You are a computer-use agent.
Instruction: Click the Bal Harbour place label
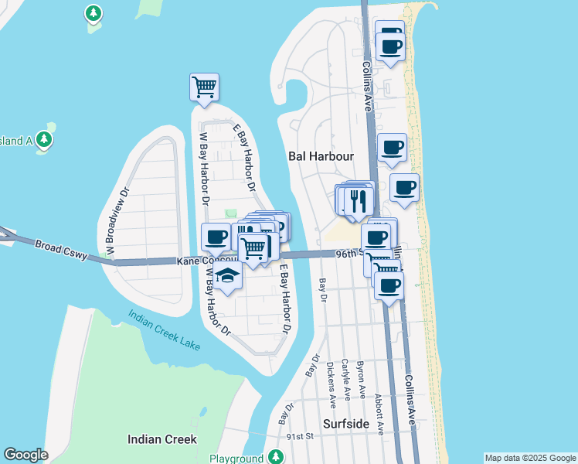pyautogui.click(x=321, y=156)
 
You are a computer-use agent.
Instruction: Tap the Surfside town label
pyautogui.click(x=347, y=423)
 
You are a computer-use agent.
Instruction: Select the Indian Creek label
pyautogui.click(x=161, y=439)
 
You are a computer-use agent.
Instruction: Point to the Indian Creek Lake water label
pyautogui.click(x=164, y=326)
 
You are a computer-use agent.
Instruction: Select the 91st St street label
pyautogui.click(x=301, y=436)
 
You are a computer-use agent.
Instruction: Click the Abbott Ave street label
pyautogui.click(x=379, y=411)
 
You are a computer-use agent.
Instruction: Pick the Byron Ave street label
pyautogui.click(x=361, y=380)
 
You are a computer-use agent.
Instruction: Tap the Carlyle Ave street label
pyautogui.click(x=345, y=380)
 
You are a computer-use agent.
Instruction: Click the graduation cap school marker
pyautogui.click(x=226, y=277)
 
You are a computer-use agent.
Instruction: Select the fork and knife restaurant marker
pyautogui.click(x=358, y=200)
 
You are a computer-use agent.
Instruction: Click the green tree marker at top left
pyautogui.click(x=93, y=13)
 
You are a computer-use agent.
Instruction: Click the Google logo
pyautogui.click(x=25, y=455)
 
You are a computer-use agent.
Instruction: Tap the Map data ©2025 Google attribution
pyautogui.click(x=530, y=458)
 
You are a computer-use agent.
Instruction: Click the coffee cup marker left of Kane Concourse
pyautogui.click(x=216, y=236)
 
